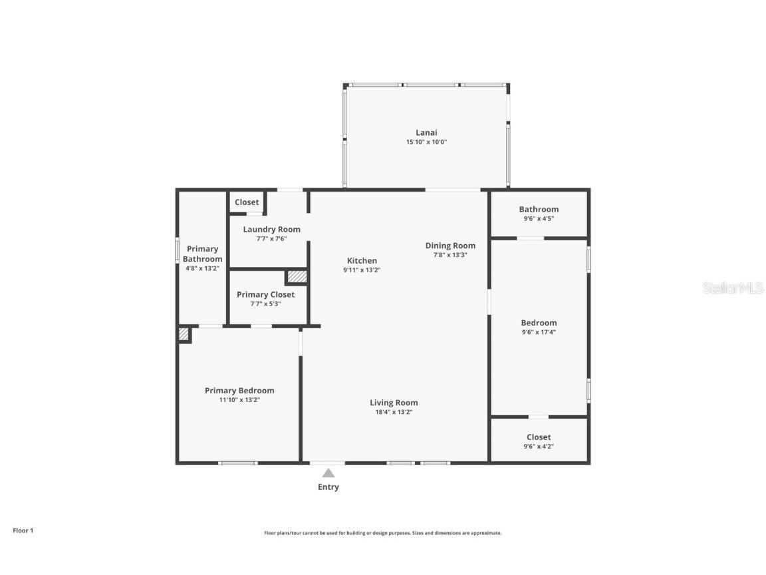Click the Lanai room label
pyautogui.click(x=426, y=132)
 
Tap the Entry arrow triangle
pyautogui.click(x=328, y=473)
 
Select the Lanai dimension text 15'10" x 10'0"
pyautogui.click(x=426, y=142)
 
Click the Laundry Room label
pyautogui.click(x=271, y=229)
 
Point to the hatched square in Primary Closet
pyautogui.click(x=297, y=276)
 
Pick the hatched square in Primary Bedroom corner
pyautogui.click(x=184, y=334)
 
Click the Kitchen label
pyautogui.click(x=362, y=261)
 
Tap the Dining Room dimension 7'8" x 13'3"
pyautogui.click(x=450, y=255)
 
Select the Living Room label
pyautogui.click(x=394, y=403)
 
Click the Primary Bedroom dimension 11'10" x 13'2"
pyautogui.click(x=239, y=400)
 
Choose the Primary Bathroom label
pyautogui.click(x=202, y=254)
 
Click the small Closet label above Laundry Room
pyautogui.click(x=247, y=202)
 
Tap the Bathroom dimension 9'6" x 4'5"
pyautogui.click(x=539, y=218)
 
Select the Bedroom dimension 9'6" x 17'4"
pyautogui.click(x=539, y=332)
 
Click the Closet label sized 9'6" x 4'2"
pyautogui.click(x=539, y=437)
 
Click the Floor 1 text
pyautogui.click(x=23, y=530)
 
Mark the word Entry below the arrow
pyautogui.click(x=328, y=487)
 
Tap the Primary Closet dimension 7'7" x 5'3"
pyautogui.click(x=265, y=303)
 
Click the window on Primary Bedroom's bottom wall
pyautogui.click(x=238, y=463)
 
